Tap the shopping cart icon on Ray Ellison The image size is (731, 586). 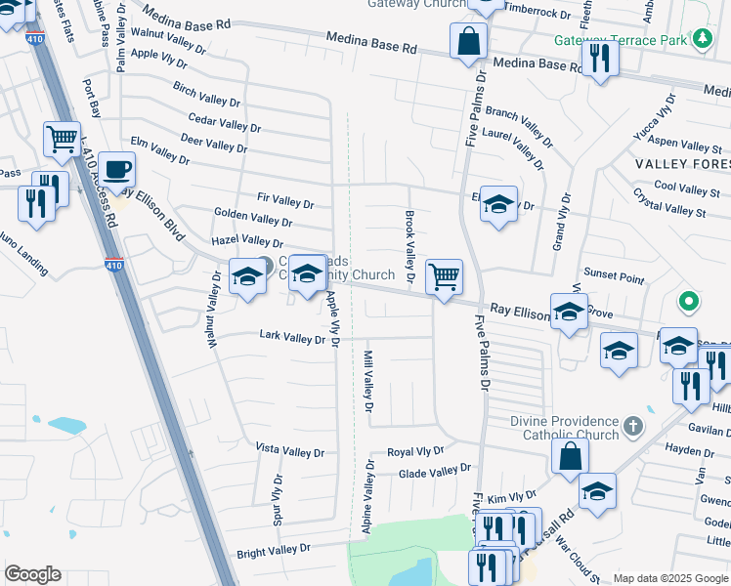pyautogui.click(x=445, y=277)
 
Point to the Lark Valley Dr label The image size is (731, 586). pyautogui.click(x=292, y=337)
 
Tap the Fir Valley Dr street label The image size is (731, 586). pyautogui.click(x=279, y=205)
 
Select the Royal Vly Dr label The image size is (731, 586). pyautogui.click(x=415, y=452)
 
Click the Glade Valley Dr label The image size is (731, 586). pyautogui.click(x=435, y=472)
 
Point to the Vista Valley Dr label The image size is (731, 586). pyautogui.click(x=289, y=452)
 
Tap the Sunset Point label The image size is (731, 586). pyautogui.click(x=614, y=278)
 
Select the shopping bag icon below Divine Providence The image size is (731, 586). pyautogui.click(x=571, y=457)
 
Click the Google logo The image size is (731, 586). pyautogui.click(x=32, y=574)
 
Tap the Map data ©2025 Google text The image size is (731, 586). pyautogui.click(x=669, y=578)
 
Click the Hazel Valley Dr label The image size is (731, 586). pyautogui.click(x=247, y=241)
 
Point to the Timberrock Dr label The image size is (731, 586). pyautogui.click(x=537, y=14)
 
